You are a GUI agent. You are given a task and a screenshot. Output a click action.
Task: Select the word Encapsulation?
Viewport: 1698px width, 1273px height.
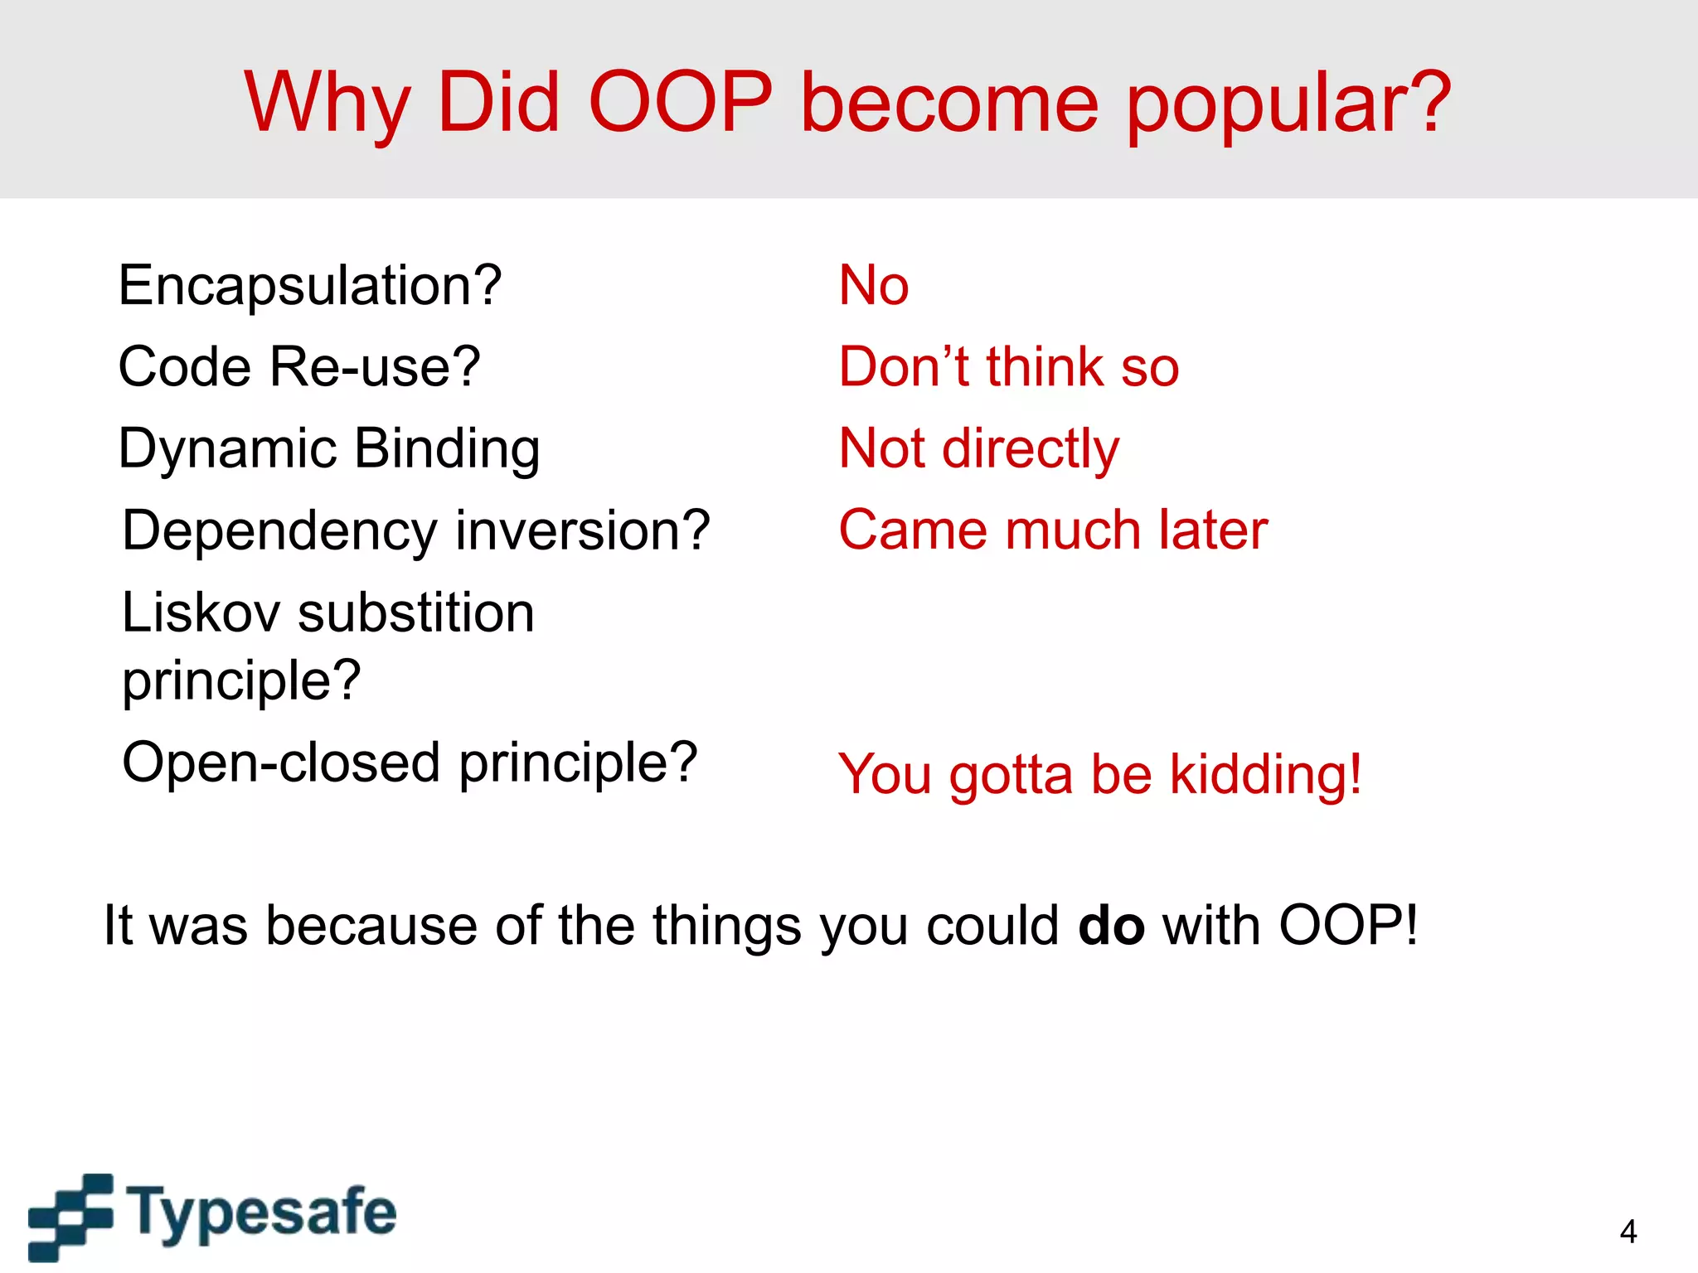(309, 285)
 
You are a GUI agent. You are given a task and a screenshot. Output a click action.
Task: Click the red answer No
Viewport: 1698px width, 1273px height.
(873, 285)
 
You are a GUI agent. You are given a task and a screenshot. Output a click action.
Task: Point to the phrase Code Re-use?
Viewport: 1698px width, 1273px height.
(298, 366)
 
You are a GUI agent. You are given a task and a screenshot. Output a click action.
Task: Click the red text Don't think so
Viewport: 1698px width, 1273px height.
(1008, 366)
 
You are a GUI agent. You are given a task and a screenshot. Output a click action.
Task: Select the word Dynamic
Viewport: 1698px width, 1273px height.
(226, 449)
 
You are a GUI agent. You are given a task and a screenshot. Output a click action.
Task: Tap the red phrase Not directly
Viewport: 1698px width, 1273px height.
(978, 448)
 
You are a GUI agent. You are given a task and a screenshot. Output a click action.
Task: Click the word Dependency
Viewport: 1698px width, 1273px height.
(279, 530)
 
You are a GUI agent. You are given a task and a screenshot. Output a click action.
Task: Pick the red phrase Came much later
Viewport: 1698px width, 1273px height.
(1053, 530)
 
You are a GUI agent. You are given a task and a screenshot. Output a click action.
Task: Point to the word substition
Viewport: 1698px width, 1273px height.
(415, 613)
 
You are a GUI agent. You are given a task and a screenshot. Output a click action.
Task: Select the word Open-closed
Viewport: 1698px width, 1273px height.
(280, 762)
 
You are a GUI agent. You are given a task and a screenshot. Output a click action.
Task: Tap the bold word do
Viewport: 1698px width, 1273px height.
(1111, 925)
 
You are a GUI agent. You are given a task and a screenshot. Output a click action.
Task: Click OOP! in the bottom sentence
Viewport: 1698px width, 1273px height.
(1348, 925)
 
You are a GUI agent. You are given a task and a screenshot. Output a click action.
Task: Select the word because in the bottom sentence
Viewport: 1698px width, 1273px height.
(371, 925)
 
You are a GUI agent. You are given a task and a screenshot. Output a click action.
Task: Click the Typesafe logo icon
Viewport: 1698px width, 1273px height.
(71, 1216)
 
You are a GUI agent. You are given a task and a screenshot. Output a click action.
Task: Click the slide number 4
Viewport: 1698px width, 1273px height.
(1628, 1232)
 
